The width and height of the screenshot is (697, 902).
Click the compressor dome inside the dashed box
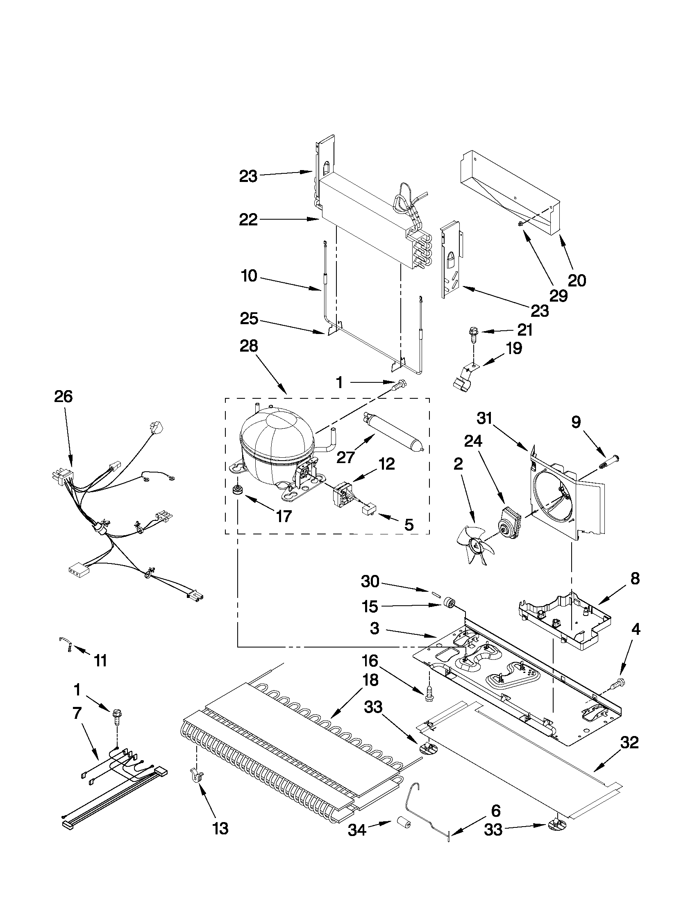pos(275,444)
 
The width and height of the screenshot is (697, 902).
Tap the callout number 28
pos(249,346)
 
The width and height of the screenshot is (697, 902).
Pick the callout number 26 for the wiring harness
pos(63,397)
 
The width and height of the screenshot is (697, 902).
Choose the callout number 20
pos(577,281)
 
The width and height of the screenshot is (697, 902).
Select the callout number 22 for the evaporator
pos(249,220)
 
